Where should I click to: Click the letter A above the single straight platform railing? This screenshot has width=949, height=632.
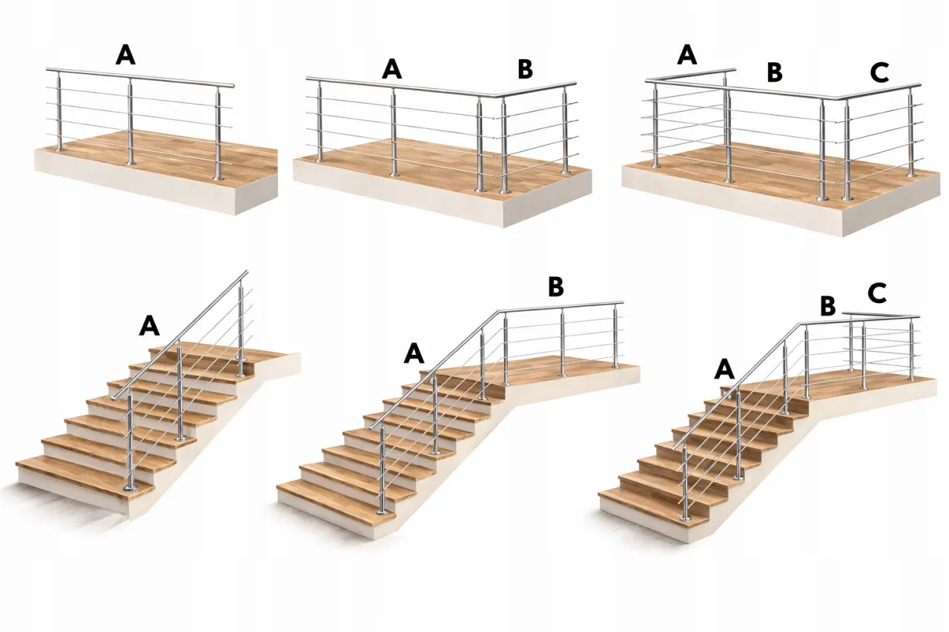tap(126, 56)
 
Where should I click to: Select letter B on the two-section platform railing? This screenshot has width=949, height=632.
tap(526, 69)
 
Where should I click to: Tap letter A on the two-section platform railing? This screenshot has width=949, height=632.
tap(392, 69)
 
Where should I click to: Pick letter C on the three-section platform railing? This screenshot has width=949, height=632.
tap(879, 72)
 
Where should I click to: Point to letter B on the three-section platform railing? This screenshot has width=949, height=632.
tap(775, 73)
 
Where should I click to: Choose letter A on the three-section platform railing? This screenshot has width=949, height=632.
tap(687, 55)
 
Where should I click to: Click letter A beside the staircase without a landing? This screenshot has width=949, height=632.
tap(150, 325)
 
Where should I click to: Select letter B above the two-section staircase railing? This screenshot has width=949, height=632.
tap(556, 287)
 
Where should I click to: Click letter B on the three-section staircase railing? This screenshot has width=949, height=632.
tap(828, 306)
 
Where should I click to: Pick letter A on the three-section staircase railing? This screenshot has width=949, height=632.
tap(724, 369)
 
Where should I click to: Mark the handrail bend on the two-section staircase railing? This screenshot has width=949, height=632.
tap(500, 313)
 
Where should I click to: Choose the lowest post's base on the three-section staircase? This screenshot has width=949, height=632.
tap(683, 519)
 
